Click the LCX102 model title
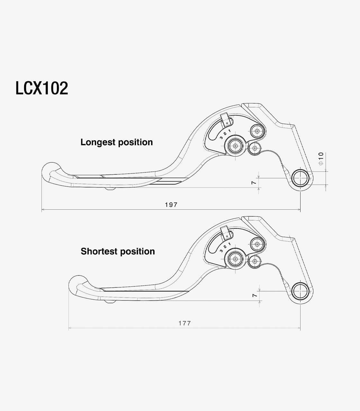pos(42,88)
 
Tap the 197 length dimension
pos(171,205)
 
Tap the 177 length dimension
pos(185,323)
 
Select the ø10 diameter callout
pos(321,159)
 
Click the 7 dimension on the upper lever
pos(254,182)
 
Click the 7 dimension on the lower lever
pos(254,295)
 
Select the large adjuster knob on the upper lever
pos(235,146)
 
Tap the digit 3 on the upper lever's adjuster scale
pos(221,138)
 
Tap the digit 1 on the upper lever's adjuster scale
pos(229,131)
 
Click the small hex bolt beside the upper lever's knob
pos(254,148)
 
